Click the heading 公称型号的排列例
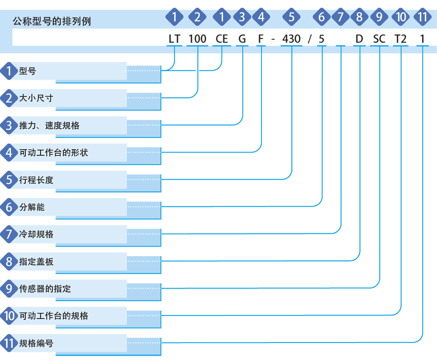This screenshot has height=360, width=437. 52,21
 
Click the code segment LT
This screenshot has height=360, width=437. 174,39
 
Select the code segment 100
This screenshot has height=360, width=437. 198,39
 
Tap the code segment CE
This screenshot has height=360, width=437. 222,39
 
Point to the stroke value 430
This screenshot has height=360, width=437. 291,39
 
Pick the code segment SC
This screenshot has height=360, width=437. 379,39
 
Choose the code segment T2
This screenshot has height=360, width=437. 400,39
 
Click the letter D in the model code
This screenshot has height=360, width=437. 360,39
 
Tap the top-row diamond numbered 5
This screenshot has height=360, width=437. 291,17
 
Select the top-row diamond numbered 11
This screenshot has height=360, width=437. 423,17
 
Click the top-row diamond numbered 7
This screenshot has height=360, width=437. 340,17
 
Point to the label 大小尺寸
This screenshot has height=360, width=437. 36,98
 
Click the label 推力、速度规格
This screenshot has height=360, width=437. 49,125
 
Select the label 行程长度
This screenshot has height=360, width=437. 36,180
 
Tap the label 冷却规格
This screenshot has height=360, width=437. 36,234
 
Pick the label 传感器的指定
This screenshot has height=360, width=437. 45,289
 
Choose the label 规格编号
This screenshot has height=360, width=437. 36,343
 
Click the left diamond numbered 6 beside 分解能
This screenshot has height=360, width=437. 9,207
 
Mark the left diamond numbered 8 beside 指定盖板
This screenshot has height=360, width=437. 9,261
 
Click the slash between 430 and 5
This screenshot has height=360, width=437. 310,39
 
